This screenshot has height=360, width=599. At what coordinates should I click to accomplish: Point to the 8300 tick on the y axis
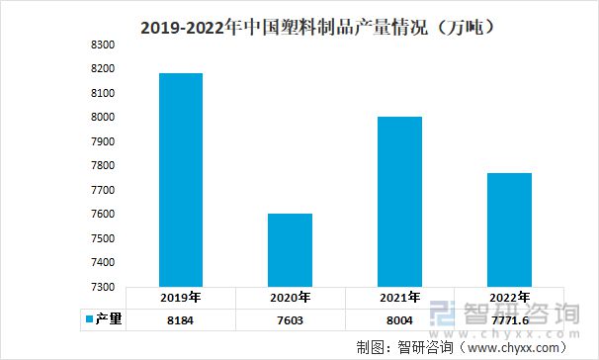(x=103, y=45)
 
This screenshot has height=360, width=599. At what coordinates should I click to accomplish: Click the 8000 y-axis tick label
(x=103, y=118)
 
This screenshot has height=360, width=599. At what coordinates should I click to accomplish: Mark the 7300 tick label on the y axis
(x=103, y=287)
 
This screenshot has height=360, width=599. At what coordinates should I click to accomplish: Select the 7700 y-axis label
(x=103, y=190)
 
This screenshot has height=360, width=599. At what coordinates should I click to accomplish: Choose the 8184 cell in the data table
(x=181, y=319)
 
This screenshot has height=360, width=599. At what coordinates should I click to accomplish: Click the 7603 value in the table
(x=289, y=319)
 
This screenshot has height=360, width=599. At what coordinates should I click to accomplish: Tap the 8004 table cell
(x=398, y=319)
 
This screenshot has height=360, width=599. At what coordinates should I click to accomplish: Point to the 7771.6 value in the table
(x=508, y=319)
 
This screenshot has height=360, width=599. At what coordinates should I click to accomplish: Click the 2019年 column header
(x=181, y=297)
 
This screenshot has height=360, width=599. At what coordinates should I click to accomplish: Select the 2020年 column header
(x=289, y=297)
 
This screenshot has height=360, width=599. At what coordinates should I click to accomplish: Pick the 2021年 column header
(x=398, y=297)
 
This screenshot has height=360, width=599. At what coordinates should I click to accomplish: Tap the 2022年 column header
(x=508, y=297)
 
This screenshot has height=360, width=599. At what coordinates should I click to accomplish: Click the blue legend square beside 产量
(x=88, y=319)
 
